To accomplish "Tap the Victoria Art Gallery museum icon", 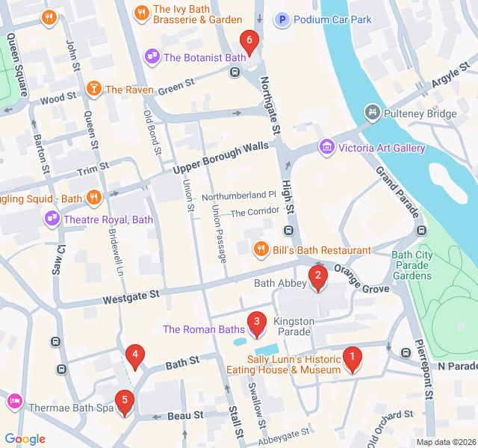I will (326, 148).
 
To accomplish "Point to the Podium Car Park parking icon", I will (283, 19).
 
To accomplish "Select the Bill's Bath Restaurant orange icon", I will (261, 249).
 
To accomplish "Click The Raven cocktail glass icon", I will (94, 89).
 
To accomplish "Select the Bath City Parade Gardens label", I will (412, 265).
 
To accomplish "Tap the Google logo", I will (25, 439).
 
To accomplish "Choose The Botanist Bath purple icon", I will (152, 57).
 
